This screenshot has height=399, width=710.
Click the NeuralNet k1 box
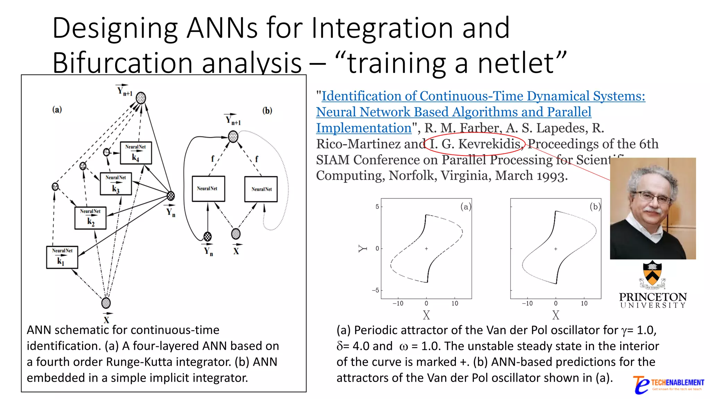click(x=62, y=257)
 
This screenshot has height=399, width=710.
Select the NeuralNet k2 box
click(x=90, y=218)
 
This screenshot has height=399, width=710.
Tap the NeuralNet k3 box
click(x=116, y=184)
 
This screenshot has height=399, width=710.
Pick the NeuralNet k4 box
click(x=136, y=153)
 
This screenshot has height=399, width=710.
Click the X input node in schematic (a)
click(x=106, y=303)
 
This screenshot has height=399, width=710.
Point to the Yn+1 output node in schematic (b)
click(x=233, y=136)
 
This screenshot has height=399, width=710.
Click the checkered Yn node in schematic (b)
click(x=207, y=237)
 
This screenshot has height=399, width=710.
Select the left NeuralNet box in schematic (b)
click(x=208, y=189)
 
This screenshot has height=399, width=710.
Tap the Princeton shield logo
click(x=652, y=274)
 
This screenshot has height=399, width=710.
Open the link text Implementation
click(x=364, y=128)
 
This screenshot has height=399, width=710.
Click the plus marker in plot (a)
click(x=426, y=248)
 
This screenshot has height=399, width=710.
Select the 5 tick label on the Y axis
click(x=377, y=207)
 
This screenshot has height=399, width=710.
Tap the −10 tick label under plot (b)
click(x=527, y=303)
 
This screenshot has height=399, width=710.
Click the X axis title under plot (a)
click(x=426, y=315)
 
